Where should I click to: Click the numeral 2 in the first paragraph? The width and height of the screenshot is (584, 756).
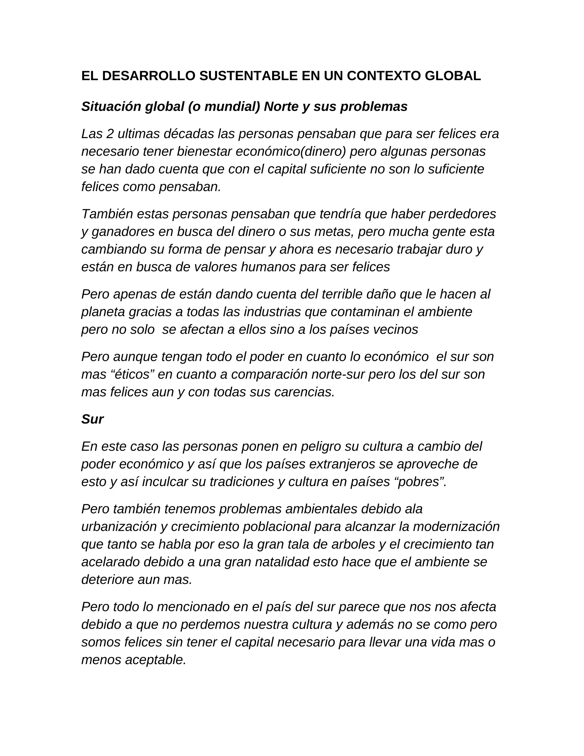[110, 134]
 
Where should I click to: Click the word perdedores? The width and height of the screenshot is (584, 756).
[462, 214]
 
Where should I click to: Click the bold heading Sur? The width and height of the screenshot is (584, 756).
[92, 419]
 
